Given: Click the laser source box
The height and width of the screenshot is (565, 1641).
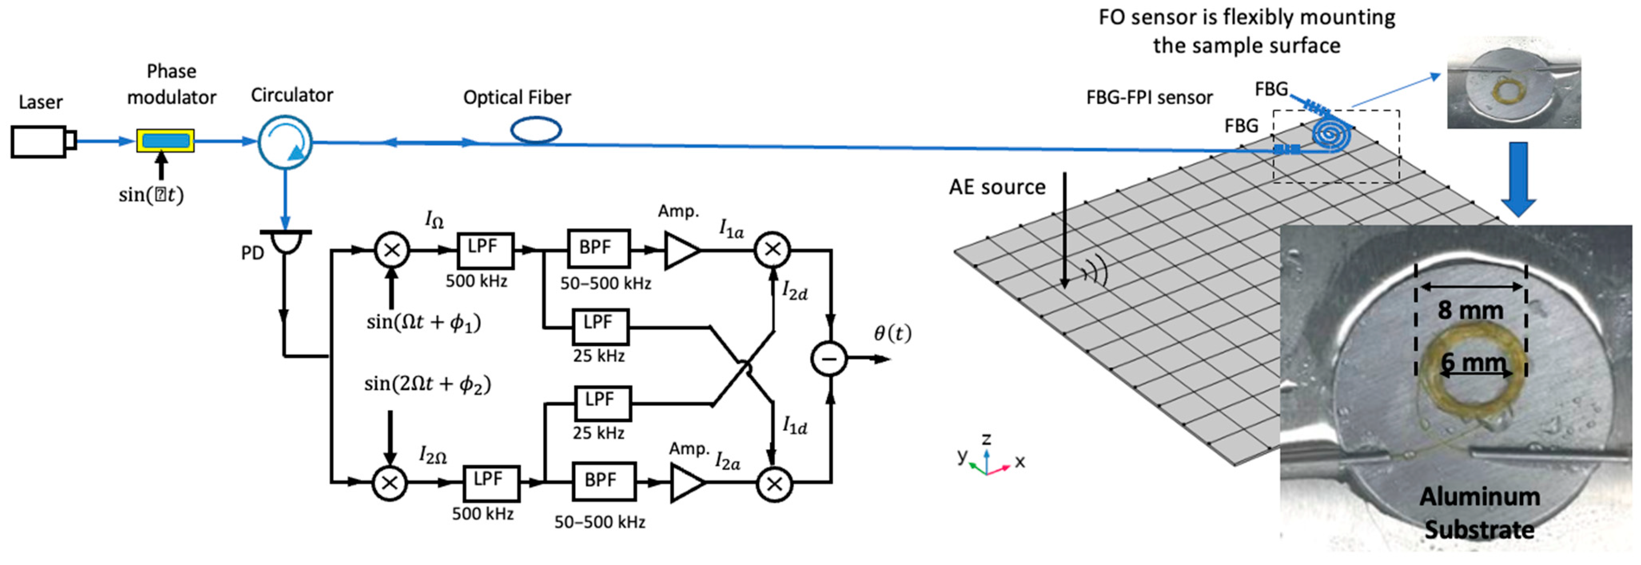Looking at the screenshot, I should point(40,141).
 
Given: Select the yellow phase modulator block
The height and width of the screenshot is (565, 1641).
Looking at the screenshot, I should point(165,140).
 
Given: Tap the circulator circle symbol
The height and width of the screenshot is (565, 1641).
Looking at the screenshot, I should point(285,141).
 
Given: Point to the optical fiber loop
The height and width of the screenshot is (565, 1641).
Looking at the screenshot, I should point(536,130).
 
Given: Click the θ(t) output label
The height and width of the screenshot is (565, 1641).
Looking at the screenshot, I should point(892,333).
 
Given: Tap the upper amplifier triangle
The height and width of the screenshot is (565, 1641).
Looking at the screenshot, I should point(680,250).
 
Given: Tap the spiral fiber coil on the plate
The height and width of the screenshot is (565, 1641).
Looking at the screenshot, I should point(1330,135).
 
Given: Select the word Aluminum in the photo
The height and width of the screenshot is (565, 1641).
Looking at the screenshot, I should point(1479,497).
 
